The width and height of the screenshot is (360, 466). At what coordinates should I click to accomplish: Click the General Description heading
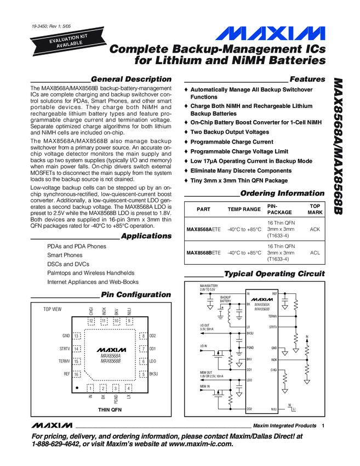click(x=131, y=79)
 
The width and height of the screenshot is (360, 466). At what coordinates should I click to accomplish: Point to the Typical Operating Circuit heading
click(x=275, y=274)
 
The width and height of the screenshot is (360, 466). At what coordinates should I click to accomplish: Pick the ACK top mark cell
click(x=315, y=230)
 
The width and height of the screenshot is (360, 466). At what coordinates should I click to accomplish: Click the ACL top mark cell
click(x=315, y=253)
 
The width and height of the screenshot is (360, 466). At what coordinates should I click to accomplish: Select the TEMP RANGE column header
click(x=244, y=209)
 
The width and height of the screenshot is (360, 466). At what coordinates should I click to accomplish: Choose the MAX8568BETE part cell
click(x=203, y=253)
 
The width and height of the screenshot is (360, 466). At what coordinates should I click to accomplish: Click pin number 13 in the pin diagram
click(x=77, y=335)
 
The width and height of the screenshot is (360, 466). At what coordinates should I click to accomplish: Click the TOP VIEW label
click(x=53, y=310)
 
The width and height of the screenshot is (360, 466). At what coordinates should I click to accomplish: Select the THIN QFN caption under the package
click(x=110, y=410)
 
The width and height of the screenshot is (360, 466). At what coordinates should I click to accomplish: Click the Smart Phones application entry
click(x=65, y=255)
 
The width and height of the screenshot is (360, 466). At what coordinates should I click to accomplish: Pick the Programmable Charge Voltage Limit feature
click(x=239, y=151)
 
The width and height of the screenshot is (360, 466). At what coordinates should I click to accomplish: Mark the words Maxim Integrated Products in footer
click(x=284, y=426)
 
